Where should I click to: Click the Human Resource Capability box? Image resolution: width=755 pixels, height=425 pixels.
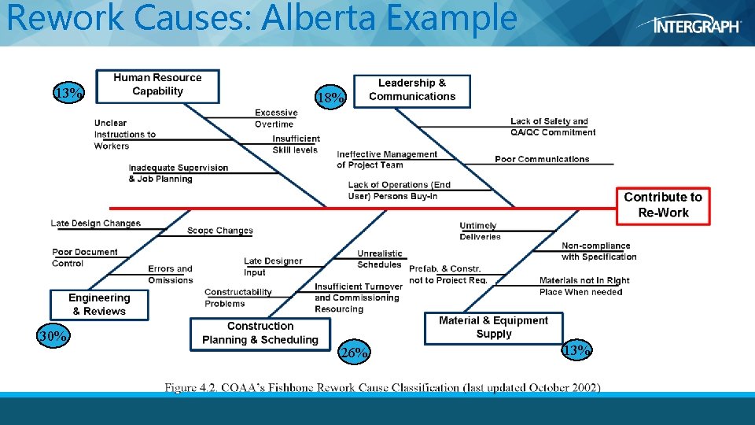(157, 85)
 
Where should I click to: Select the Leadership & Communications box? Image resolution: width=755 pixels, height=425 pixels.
(412, 90)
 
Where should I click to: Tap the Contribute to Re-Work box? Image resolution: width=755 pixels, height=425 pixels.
(663, 205)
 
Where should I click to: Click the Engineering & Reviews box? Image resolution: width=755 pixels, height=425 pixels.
(99, 304)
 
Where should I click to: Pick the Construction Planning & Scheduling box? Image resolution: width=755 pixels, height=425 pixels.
(260, 333)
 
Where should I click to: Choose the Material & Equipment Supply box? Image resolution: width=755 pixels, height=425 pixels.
(493, 327)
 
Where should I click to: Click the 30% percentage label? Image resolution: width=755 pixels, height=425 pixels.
(53, 337)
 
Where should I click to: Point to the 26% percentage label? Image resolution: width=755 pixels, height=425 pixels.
(354, 353)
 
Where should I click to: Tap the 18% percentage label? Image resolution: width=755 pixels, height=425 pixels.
(330, 98)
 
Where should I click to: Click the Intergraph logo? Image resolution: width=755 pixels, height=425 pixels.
(697, 25)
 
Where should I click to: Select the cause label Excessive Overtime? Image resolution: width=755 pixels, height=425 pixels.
(276, 118)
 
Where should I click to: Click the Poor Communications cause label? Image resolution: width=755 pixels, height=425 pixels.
(542, 159)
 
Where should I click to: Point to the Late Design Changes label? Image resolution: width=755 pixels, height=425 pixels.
(95, 224)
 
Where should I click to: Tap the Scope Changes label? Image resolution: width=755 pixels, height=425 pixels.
(220, 231)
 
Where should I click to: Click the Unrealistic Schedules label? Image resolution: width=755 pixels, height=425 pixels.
(380, 259)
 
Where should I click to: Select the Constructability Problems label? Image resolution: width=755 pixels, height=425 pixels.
(238, 297)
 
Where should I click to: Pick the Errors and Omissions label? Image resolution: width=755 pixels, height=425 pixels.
(170, 275)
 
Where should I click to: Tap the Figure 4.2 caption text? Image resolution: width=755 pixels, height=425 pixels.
(382, 387)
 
